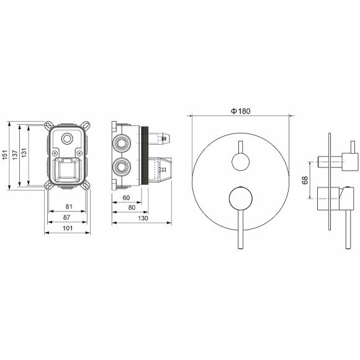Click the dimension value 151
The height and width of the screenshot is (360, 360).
(x=4, y=155)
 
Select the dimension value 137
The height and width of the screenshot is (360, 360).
(x=14, y=155)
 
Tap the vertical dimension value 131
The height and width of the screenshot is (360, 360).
(x=23, y=155)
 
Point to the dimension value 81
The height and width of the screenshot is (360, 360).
(x=68, y=207)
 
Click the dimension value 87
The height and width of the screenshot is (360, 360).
(x=68, y=218)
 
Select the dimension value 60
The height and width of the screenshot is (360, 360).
(x=126, y=197)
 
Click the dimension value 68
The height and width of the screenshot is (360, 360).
(x=304, y=180)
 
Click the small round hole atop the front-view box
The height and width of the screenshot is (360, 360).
(x=68, y=138)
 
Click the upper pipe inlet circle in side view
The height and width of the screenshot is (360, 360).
(x=122, y=144)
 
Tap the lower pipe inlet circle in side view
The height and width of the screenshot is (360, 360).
(x=122, y=166)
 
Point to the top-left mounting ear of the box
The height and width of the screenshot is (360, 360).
(x=48, y=125)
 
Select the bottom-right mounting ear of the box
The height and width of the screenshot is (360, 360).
(x=88, y=184)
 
